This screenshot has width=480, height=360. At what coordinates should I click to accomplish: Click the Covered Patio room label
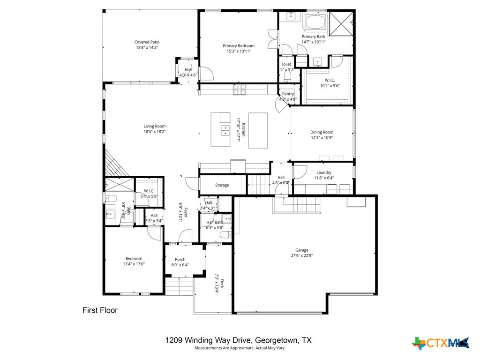pos(147,42)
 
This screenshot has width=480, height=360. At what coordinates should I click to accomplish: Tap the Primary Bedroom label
pos(239,45)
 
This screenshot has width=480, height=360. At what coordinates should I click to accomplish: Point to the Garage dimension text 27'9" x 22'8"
pos(301,255)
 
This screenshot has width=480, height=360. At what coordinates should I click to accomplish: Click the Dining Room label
pos(322,132)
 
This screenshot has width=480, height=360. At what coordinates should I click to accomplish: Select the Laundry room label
pos(323,172)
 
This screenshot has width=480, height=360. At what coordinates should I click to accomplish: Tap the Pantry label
pos(288,94)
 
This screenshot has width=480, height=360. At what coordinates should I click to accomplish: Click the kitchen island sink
pos(225,130)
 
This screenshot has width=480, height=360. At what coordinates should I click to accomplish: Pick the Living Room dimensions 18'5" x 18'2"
pos(154,132)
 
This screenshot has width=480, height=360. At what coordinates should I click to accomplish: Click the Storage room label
pos(222,185)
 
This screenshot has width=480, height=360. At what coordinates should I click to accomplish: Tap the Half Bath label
pos(215,222)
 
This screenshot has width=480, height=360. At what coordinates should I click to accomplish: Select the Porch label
pos(180,259)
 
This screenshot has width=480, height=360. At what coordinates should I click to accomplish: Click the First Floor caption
pos(100,310)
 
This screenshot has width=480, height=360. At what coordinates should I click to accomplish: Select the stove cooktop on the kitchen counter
pos(240,88)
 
